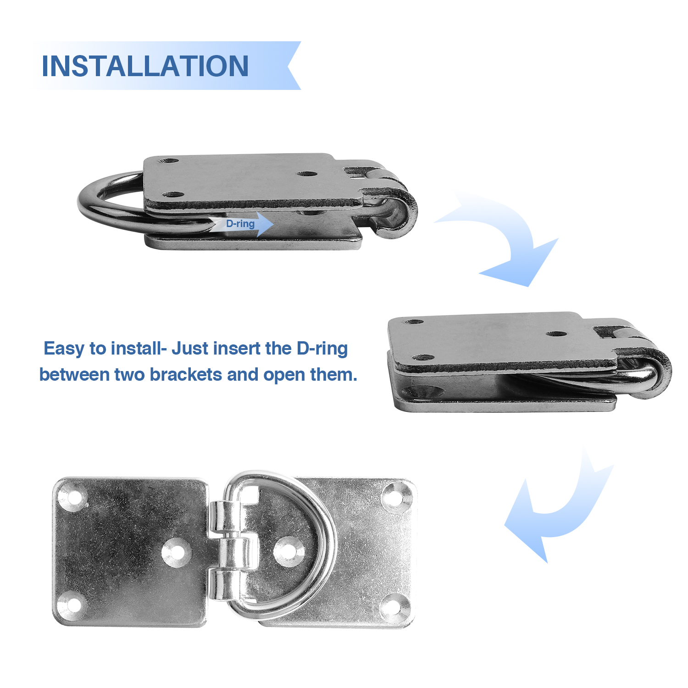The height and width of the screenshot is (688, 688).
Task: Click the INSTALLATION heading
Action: pos(145,66)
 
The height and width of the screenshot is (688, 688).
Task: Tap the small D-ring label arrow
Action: pos(241,224)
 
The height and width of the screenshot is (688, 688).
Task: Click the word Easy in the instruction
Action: pos(64,349)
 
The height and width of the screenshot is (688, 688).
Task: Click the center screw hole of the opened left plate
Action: pos(176,551)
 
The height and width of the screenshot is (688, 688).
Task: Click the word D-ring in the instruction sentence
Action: pos(322,349)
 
